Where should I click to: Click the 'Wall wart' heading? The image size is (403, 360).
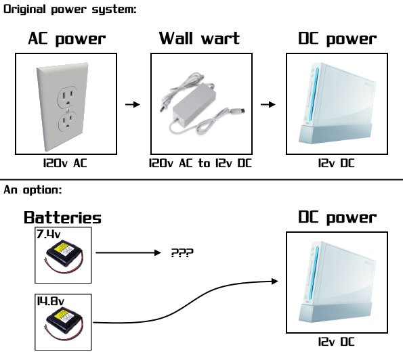[199, 39]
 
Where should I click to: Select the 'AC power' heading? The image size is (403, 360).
[67, 39]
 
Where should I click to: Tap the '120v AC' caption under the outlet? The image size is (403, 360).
[65, 163]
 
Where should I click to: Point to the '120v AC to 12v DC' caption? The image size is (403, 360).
[200, 163]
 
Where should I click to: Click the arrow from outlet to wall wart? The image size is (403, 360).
[133, 104]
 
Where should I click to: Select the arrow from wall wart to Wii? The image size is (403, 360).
[268, 104]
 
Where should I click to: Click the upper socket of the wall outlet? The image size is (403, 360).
[68, 97]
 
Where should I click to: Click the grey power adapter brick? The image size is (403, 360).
[194, 104]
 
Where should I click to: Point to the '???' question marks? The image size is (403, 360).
[182, 253]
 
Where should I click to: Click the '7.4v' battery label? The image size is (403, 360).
[49, 234]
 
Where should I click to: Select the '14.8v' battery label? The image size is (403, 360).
[50, 301]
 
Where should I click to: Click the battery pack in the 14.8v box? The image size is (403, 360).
[64, 323]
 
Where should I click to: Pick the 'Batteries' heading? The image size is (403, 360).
[62, 217]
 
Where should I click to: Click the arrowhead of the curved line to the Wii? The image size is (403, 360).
[275, 282]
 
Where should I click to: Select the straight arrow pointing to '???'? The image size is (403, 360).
[128, 252]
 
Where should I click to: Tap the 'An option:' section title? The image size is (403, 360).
[33, 190]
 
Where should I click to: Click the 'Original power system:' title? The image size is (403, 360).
[70, 9]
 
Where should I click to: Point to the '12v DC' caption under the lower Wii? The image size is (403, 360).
[337, 342]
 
